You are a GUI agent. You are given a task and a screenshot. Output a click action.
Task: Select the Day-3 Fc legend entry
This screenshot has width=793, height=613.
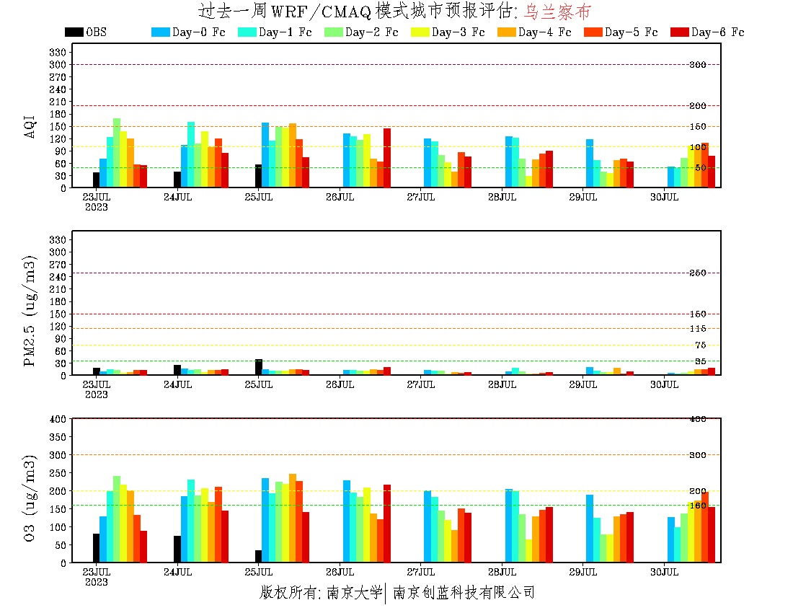coord(448,32)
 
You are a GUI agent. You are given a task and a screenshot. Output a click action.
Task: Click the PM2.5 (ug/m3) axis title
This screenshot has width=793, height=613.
coord(30,311)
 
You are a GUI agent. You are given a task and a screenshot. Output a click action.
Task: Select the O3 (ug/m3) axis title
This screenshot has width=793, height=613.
coord(30,498)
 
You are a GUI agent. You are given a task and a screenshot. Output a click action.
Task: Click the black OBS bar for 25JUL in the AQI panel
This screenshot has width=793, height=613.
coord(258,176)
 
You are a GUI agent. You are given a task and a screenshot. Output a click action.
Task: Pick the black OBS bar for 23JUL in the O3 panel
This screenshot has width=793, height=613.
coord(96,548)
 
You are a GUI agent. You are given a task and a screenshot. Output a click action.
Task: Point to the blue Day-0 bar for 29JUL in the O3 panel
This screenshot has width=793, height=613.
coord(590,529)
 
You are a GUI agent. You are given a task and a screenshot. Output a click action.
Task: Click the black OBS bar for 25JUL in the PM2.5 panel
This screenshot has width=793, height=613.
coord(258,367)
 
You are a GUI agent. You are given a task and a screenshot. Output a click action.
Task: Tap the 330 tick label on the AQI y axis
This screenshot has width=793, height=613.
coord(58,52)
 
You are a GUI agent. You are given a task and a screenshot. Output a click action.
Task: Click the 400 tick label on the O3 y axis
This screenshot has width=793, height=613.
coord(58,419)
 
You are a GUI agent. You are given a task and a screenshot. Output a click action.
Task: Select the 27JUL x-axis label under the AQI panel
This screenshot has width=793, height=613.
coord(420,197)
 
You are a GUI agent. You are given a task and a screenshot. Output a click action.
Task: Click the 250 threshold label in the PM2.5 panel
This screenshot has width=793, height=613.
coord(697,273)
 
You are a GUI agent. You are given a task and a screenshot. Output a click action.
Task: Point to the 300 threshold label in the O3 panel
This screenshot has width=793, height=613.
coord(697,455)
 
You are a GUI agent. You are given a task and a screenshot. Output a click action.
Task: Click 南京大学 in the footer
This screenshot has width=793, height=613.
coord(354,593)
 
